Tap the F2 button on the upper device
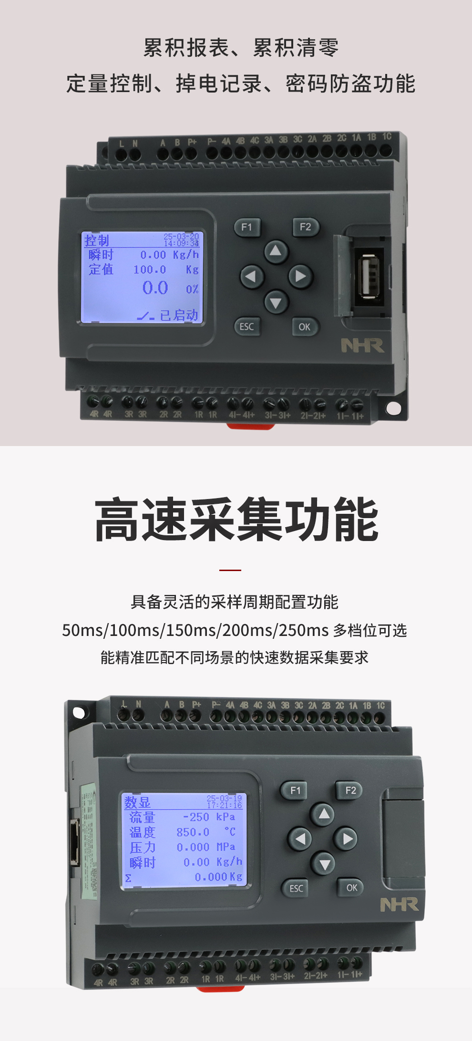[305, 227]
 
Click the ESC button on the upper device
[247, 327]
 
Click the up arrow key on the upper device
[276, 250]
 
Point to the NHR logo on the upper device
[362, 345]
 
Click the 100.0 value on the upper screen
[150, 270]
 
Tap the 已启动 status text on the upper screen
[178, 315]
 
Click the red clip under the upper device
[250, 426]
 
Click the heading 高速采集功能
[236, 520]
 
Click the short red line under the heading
[230, 570]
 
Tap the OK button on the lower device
[352, 888]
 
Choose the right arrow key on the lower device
[348, 839]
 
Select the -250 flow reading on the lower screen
[196, 817]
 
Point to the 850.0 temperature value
[193, 833]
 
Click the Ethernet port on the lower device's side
[74, 842]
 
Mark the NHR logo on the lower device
[399, 905]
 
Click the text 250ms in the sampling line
[303, 630]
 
